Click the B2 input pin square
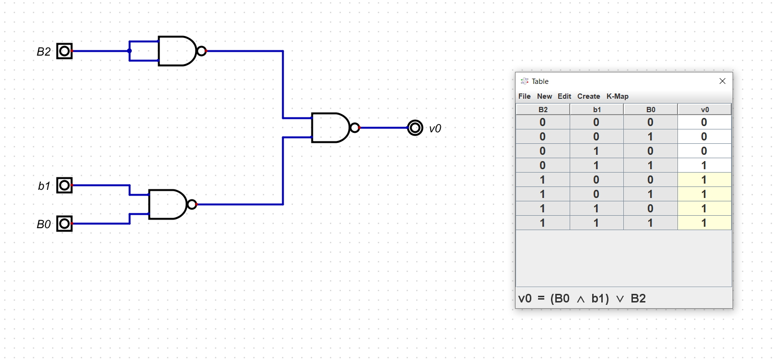(64, 51)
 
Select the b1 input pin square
(64, 185)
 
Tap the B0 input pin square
(64, 223)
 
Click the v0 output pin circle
(415, 128)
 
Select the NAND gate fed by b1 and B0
(167, 204)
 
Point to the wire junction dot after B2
(129, 51)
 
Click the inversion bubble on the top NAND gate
(202, 51)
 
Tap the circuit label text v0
(435, 128)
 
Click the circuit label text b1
(44, 186)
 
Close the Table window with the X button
(723, 81)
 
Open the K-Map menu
(617, 96)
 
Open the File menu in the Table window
(524, 96)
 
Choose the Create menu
(588, 96)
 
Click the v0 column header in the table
(704, 110)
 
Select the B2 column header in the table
(543, 110)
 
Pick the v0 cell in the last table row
(704, 223)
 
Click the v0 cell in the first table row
(704, 122)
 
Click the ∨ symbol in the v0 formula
(620, 299)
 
